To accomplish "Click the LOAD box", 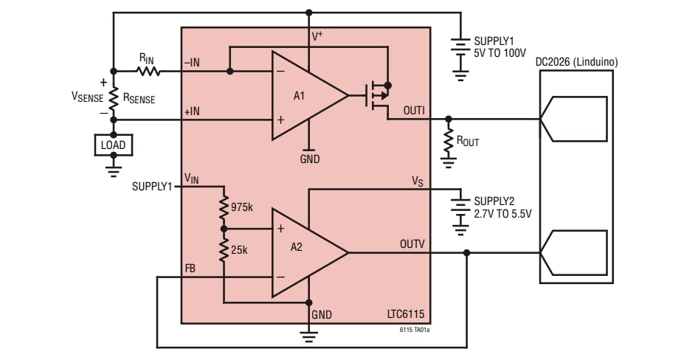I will [x=113, y=145].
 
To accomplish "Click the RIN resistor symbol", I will [x=148, y=72].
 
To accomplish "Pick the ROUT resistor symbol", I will [x=448, y=140].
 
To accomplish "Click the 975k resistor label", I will [x=241, y=207].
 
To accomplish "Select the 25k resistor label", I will [x=239, y=250].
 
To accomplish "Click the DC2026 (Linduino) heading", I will [x=577, y=62].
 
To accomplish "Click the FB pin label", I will [x=190, y=269].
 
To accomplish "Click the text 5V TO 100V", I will [x=500, y=54].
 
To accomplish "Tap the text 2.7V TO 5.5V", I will [x=502, y=213].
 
